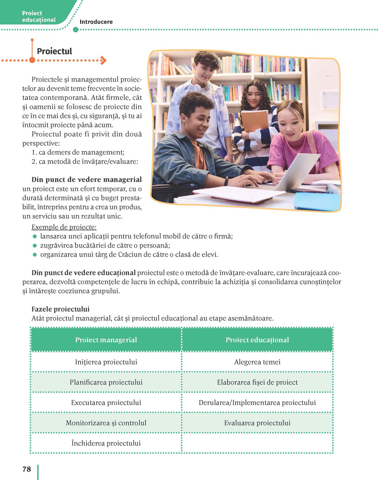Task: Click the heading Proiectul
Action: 54,51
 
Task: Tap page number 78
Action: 26,469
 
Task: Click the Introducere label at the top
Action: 96,22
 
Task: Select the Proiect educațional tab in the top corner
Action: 39,16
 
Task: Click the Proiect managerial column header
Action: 106,340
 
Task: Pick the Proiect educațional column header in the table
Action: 257,340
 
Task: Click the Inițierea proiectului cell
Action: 106,362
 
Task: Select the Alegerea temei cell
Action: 257,362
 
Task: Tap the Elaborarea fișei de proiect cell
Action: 257,382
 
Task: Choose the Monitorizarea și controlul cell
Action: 106,423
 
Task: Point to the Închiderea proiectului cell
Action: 106,443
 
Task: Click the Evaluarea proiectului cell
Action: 257,423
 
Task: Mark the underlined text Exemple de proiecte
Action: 64,227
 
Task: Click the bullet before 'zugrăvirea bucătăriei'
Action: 35,246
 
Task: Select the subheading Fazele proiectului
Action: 60,309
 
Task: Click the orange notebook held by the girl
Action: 254,121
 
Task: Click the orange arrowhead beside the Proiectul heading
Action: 104,60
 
